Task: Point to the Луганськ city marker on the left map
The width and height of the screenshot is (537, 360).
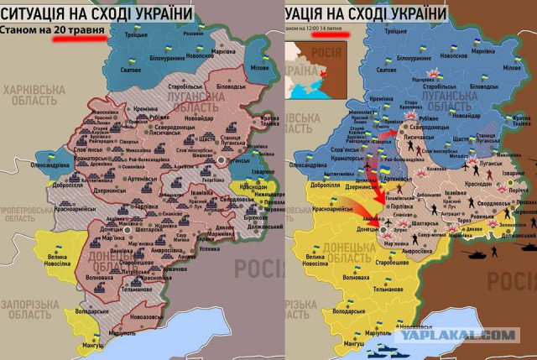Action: pos(222,159)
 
